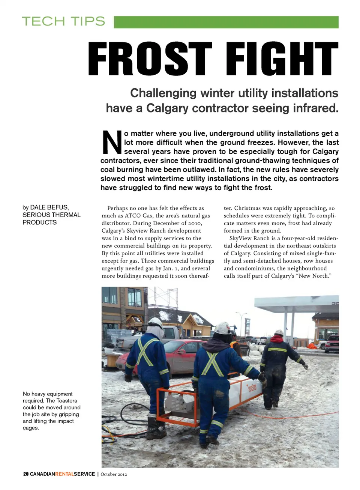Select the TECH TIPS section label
coord(63,21)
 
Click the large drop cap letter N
coord(112,143)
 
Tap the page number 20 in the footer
coord(25,474)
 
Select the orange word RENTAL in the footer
coord(64,474)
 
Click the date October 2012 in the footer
coord(114,474)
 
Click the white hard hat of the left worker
coord(155,322)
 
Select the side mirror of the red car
coord(182,352)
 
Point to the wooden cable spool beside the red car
coord(112,361)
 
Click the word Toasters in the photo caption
coord(66,401)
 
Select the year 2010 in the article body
coord(195,223)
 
